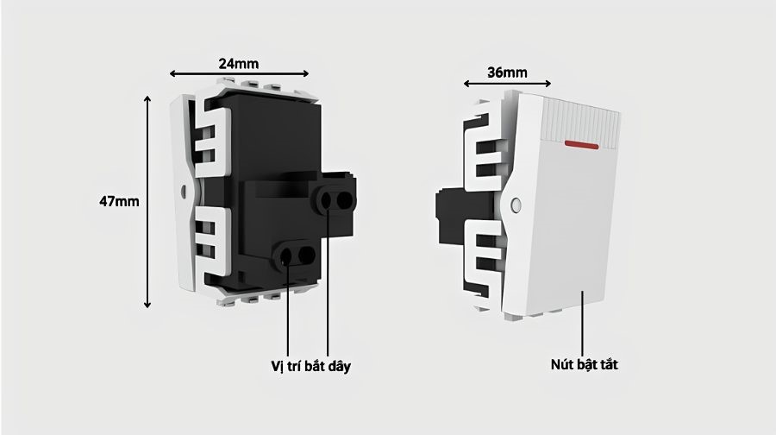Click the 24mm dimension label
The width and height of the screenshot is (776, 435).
click(x=239, y=64)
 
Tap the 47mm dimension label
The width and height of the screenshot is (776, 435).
click(x=119, y=202)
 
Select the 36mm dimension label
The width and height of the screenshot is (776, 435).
click(x=507, y=72)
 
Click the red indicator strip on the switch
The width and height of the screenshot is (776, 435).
click(x=581, y=145)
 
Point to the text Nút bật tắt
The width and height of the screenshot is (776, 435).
click(x=585, y=364)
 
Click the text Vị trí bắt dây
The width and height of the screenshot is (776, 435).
click(x=310, y=366)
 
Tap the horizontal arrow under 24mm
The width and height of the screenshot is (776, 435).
click(x=239, y=74)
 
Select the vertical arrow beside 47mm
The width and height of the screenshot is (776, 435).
click(x=147, y=202)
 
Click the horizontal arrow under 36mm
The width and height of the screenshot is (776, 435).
click(x=507, y=84)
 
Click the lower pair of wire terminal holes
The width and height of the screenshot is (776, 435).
click(x=296, y=255)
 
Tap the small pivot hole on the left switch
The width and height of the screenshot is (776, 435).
click(x=184, y=192)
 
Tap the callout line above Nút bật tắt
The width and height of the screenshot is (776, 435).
click(x=583, y=323)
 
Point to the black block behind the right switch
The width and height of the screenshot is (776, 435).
click(x=451, y=217)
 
